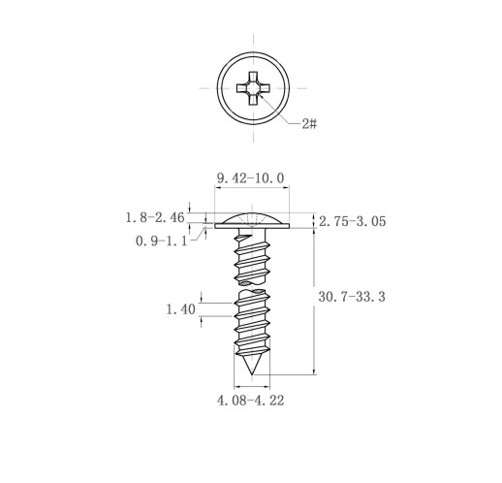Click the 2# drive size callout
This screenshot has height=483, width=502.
click(x=309, y=123)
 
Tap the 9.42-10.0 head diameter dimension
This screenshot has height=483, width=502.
click(x=251, y=178)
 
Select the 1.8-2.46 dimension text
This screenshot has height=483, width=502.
click(x=155, y=217)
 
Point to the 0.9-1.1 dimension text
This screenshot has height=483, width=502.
click(x=161, y=241)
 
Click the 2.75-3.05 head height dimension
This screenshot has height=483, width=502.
click(x=353, y=221)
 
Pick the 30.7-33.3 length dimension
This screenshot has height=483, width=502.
click(x=352, y=297)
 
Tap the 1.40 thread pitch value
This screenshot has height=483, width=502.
click(x=180, y=309)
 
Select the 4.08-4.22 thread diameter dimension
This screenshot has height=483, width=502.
click(x=251, y=401)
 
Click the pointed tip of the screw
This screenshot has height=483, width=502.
click(x=252, y=374)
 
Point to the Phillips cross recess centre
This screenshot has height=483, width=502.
click(x=253, y=88)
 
